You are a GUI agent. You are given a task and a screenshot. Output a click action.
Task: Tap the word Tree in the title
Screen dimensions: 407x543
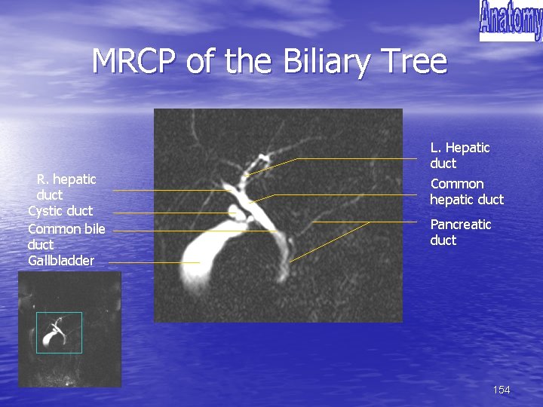click(413, 61)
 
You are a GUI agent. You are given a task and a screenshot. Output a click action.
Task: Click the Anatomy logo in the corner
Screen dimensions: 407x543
click(510, 20)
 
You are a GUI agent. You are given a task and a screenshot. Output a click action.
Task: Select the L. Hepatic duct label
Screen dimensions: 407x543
click(459, 155)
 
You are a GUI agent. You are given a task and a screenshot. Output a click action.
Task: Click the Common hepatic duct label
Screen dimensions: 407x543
click(466, 191)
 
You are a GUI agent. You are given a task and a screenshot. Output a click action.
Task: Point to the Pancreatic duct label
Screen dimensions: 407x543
click(460, 232)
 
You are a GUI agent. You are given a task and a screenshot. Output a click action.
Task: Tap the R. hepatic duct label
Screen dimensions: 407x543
click(66, 187)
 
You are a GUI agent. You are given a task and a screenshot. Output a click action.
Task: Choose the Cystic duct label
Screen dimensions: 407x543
click(60, 210)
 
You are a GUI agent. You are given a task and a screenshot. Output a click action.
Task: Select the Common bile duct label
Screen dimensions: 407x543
click(66, 237)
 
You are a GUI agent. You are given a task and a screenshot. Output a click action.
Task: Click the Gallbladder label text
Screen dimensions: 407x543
click(61, 261)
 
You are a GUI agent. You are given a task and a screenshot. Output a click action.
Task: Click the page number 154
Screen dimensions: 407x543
click(501, 390)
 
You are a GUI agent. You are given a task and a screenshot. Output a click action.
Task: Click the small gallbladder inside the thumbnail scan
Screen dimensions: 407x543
click(51, 338)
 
